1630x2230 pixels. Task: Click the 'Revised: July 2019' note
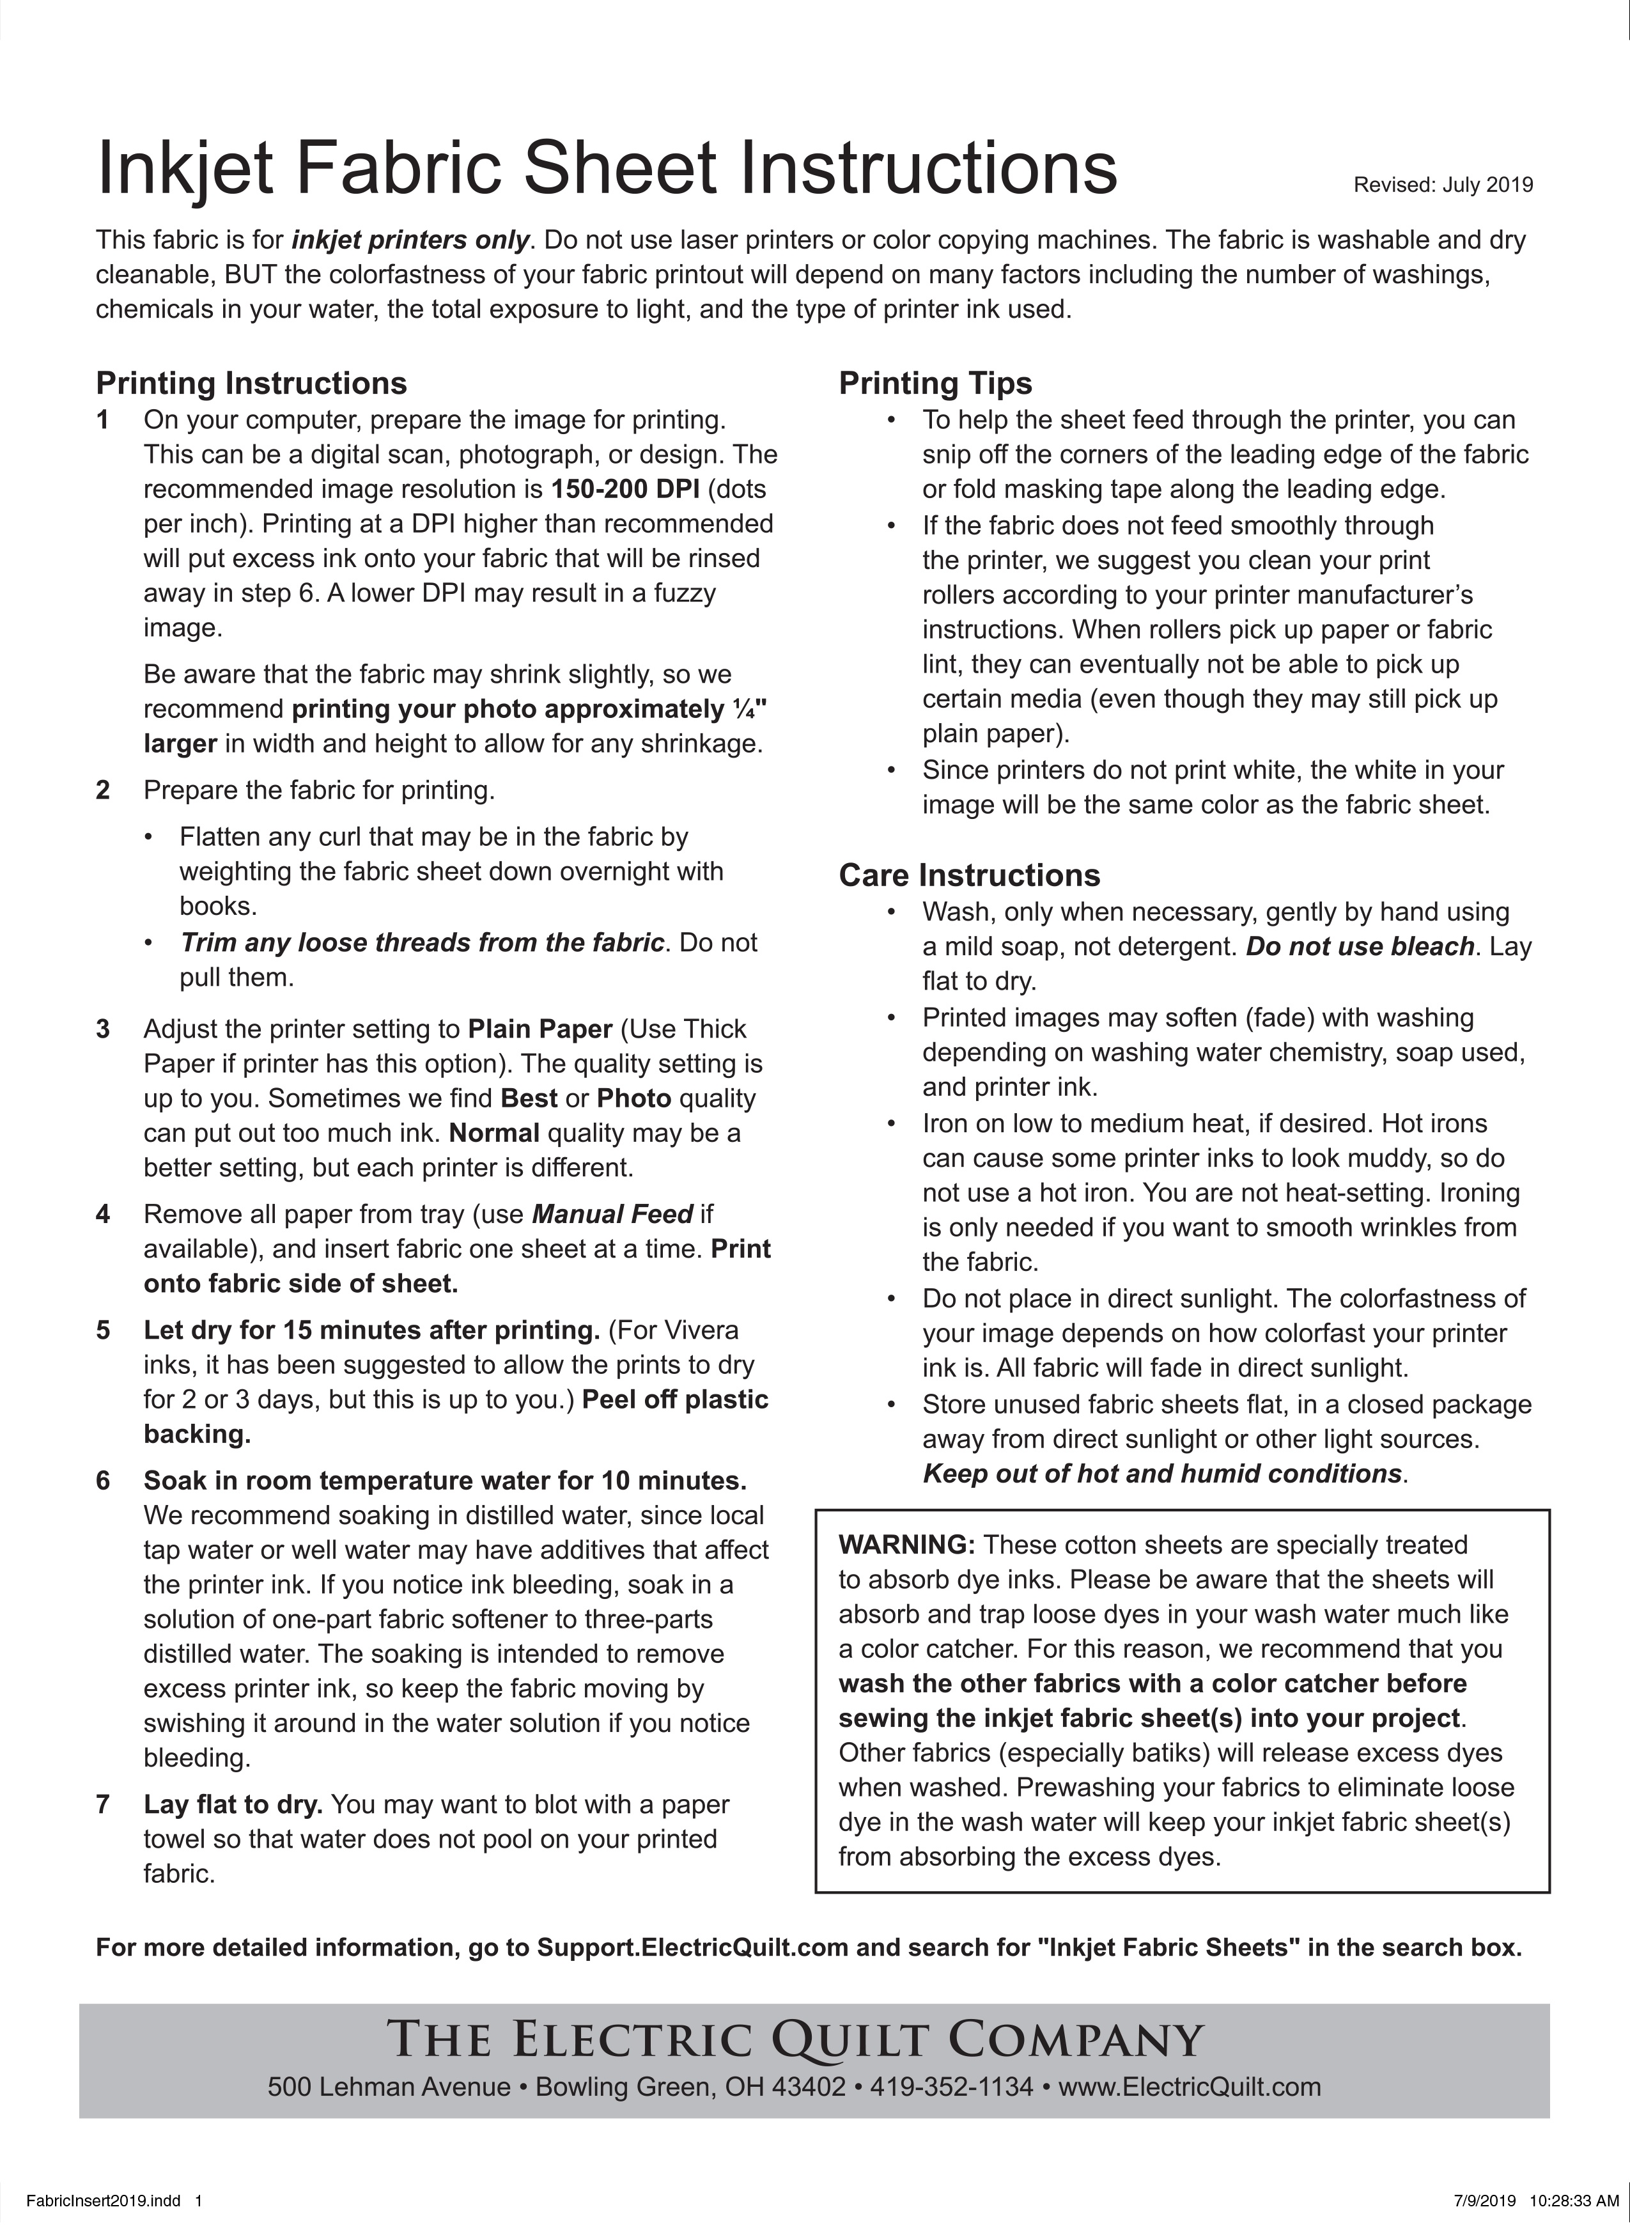click(x=1443, y=185)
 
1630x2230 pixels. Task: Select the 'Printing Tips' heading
click(x=935, y=383)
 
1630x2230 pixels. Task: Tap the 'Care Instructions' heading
click(x=969, y=875)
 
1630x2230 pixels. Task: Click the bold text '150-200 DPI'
click(x=625, y=490)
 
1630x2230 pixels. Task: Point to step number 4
click(x=103, y=1215)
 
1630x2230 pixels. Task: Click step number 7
click(x=103, y=1805)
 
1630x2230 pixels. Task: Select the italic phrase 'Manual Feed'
click(x=613, y=1215)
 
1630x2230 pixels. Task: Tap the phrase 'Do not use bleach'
click(x=1360, y=947)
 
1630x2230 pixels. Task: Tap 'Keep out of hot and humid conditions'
click(x=1161, y=1474)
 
